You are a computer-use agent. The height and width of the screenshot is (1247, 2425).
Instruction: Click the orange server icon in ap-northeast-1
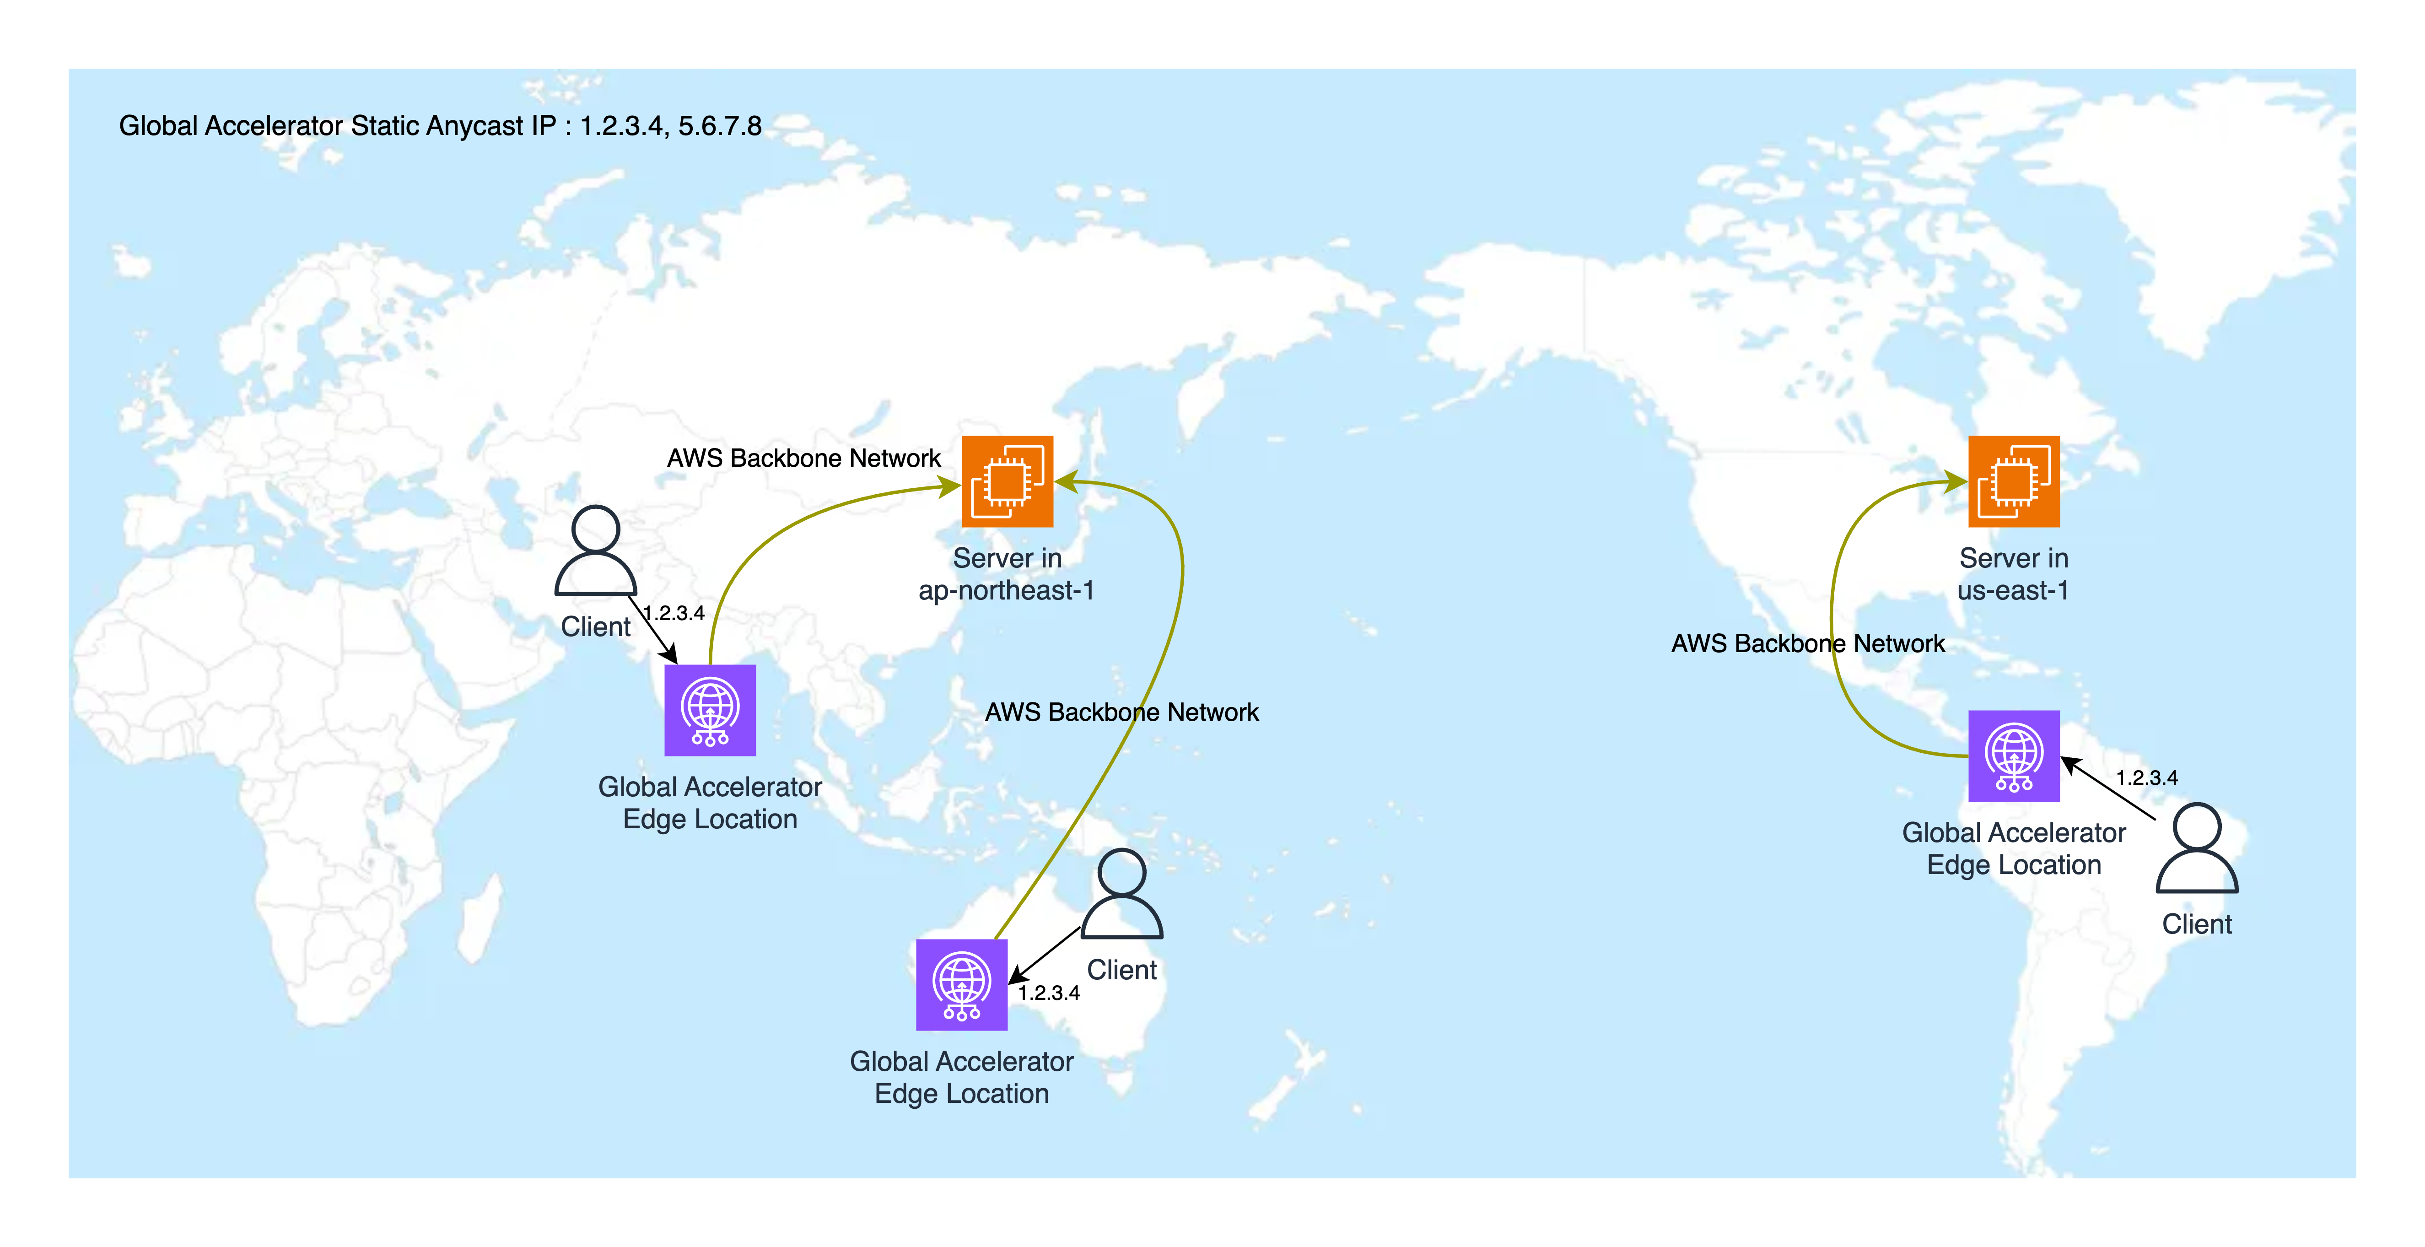1006,481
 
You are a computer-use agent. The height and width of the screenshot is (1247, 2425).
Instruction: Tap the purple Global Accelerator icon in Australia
961,984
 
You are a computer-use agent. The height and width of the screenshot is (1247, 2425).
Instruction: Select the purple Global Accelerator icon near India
710,710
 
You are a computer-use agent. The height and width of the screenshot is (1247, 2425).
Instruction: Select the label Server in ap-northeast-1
1006,573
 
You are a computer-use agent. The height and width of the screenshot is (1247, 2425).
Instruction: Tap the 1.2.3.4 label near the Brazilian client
2146,778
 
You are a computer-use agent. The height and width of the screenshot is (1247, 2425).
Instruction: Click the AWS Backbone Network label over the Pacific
1121,712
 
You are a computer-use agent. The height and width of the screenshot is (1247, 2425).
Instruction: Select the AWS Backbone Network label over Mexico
1807,643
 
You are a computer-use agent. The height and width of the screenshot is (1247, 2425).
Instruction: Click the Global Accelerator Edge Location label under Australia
961,1078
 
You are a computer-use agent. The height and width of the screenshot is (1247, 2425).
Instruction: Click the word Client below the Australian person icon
1121,970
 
